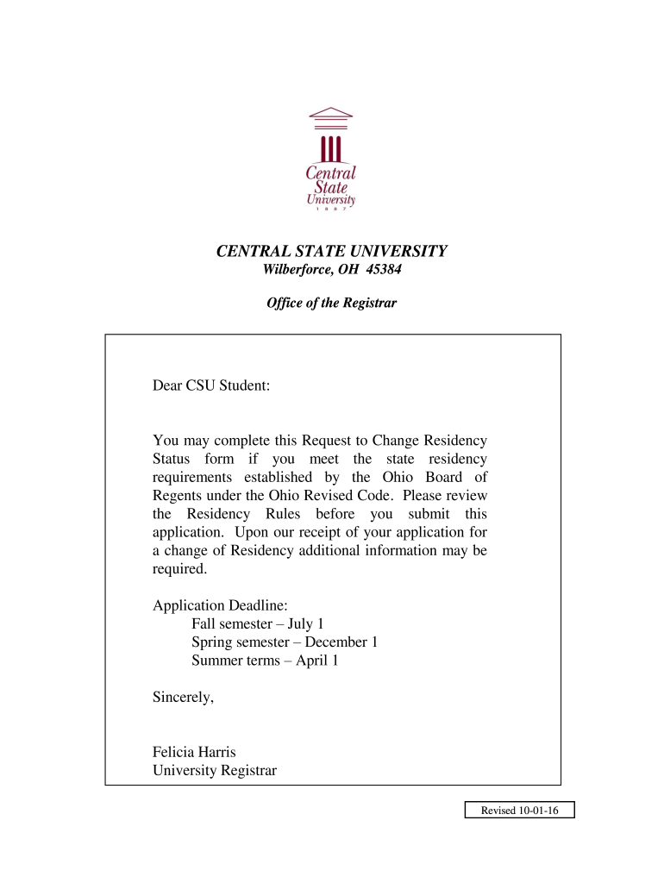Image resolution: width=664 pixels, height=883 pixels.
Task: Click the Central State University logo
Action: [x=332, y=160]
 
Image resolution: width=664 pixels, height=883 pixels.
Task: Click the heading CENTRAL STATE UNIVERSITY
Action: [x=331, y=252]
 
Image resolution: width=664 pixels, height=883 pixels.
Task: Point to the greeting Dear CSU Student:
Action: [x=211, y=385]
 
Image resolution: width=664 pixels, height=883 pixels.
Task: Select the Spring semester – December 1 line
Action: [x=285, y=642]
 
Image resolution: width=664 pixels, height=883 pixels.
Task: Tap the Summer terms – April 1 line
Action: [x=265, y=661]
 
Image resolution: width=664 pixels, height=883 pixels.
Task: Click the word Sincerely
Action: [x=183, y=698]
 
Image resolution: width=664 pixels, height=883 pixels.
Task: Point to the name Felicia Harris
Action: [x=194, y=752]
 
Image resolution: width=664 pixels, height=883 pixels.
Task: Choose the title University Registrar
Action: [x=215, y=771]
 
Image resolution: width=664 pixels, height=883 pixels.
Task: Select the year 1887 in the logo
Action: [x=332, y=209]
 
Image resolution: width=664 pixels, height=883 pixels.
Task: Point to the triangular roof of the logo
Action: [x=331, y=112]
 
